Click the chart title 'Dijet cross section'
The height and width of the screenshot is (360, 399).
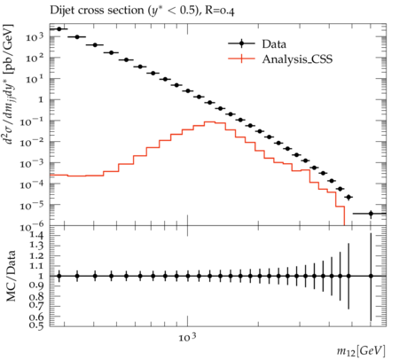coord(98,11)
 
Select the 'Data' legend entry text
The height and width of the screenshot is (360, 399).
coord(274,44)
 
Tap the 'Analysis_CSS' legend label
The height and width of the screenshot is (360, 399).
coord(297,59)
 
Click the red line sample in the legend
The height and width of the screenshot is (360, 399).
coord(241,59)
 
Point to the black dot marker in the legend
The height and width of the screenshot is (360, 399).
coord(241,43)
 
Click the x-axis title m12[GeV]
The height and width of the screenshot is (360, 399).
coord(361,351)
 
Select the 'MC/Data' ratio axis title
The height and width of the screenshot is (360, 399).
coord(11,276)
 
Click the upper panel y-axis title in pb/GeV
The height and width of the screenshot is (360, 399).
coord(9,83)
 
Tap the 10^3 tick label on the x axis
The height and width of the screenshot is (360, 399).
coord(187,337)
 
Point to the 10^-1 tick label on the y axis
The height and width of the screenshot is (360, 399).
coord(31,121)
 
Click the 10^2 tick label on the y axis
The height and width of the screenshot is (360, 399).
coord(35,58)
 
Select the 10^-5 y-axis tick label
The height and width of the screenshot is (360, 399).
coord(31,206)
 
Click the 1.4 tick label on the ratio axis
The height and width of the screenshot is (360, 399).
coord(36,236)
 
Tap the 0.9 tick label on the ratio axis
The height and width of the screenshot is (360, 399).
coord(36,286)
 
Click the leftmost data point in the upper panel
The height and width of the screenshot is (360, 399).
coord(59,29)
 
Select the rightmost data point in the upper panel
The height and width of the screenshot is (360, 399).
coord(371,214)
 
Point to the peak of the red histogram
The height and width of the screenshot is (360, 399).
coord(209,121)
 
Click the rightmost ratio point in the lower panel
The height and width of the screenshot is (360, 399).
coord(371,276)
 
